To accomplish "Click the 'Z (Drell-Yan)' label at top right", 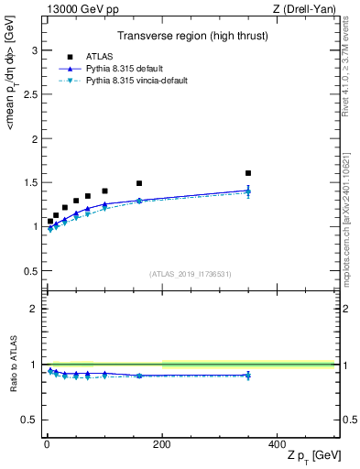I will coord(307,9).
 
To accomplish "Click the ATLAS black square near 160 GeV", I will coord(139,183).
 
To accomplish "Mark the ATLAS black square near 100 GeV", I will coord(104,191).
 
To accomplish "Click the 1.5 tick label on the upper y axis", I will coord(30,183).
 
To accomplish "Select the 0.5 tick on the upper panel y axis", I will coord(30,271).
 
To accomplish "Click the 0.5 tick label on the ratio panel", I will coord(30,420).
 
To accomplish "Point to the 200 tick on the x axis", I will coord(162,442).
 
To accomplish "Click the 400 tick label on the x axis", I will coord(278,442).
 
